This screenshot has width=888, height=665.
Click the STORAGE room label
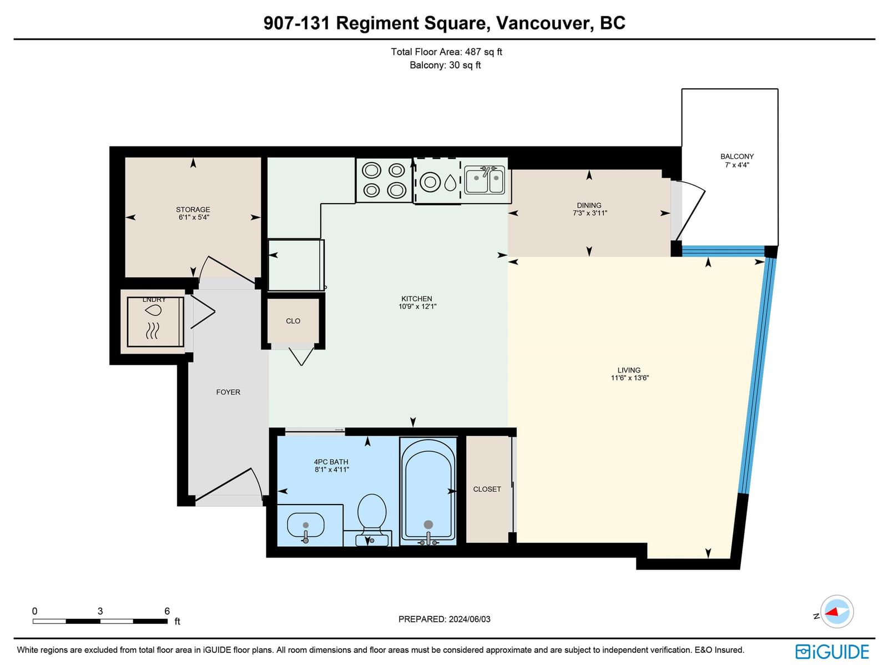pos(193,209)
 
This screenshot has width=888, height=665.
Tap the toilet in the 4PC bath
pos(372,520)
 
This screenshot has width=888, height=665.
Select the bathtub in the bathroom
pos(428,491)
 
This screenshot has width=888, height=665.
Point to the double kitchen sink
pos(485,180)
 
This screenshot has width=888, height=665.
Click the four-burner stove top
pos(384,180)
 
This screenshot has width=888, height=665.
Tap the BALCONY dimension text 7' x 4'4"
pos(737,165)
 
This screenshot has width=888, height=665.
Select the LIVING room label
pos(629,370)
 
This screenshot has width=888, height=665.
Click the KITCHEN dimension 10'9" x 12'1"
pos(417,306)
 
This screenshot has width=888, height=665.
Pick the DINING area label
pos(589,205)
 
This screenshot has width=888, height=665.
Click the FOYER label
pos(228,392)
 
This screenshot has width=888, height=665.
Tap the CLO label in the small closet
pos(293,321)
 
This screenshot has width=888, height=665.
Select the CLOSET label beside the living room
pos(487,490)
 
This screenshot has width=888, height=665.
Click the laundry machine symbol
pos(155,322)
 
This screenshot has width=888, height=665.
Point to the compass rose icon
pos(836,612)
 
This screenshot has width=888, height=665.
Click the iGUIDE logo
pos(832,652)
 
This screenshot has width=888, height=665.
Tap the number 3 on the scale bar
pos(100,611)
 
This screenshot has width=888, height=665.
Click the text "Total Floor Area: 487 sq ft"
pos(446,52)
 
